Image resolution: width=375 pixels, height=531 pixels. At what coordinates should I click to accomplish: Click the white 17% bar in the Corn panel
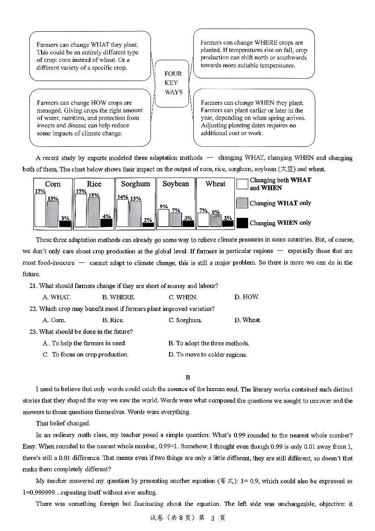tap(40, 210)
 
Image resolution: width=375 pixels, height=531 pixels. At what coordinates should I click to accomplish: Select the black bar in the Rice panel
tap(106, 223)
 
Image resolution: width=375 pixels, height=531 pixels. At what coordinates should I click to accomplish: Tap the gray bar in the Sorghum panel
tap(135, 214)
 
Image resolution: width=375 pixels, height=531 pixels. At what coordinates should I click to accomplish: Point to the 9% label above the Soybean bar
tap(163, 207)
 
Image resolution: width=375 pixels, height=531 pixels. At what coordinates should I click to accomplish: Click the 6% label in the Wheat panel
tap(215, 212)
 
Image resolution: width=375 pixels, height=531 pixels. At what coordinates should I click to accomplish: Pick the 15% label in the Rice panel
tap(94, 195)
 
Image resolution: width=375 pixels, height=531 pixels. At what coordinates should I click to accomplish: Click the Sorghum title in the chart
tap(135, 184)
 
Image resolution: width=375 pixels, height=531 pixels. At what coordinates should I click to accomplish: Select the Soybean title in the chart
tap(176, 184)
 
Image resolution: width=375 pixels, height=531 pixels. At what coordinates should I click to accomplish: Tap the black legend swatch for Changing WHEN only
tap(242, 223)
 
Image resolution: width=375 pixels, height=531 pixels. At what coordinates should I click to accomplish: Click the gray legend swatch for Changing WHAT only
tap(242, 203)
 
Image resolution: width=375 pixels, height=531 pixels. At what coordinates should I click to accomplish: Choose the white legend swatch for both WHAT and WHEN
tap(242, 184)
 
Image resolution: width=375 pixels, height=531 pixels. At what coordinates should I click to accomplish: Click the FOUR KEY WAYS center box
tap(173, 83)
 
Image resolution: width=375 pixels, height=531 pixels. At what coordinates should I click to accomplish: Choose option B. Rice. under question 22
tap(112, 320)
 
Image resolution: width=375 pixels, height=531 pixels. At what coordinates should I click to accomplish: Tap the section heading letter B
tap(188, 377)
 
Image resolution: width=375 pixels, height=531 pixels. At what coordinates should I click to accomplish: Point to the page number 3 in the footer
tap(212, 518)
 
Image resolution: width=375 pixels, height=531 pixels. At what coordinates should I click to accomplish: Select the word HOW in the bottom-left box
tap(99, 103)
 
